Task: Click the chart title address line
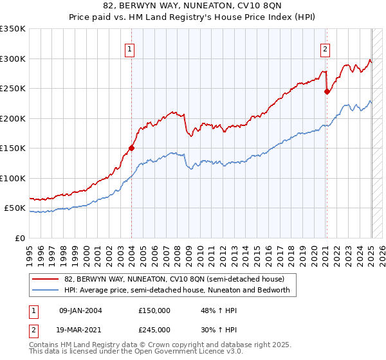[192, 7]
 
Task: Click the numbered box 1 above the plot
[130, 49]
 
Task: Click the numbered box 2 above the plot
[326, 49]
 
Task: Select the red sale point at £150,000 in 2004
[131, 148]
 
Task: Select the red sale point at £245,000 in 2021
[327, 91]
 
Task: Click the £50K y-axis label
[15, 208]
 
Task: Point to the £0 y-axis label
[20, 238]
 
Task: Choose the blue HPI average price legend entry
[177, 290]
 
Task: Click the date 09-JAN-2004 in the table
[80, 310]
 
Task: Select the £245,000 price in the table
[154, 330]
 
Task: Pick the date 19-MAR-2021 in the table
[80, 330]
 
